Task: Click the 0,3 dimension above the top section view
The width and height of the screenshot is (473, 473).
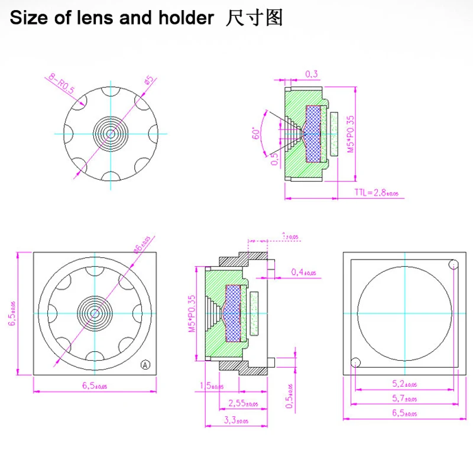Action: (x=312, y=74)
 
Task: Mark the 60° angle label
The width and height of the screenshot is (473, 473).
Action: (x=257, y=132)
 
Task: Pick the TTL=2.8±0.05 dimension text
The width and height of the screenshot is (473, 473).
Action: (x=377, y=193)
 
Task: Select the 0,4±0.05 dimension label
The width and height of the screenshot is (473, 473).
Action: (x=304, y=273)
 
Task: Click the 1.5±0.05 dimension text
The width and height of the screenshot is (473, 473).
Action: (x=212, y=387)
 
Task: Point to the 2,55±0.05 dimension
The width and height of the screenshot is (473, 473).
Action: (x=243, y=404)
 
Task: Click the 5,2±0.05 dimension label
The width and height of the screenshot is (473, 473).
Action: (x=404, y=384)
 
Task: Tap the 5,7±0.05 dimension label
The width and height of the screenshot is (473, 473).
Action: (x=404, y=399)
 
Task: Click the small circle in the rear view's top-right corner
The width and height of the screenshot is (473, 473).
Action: (x=453, y=264)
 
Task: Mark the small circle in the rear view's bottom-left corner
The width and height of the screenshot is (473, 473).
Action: (x=355, y=362)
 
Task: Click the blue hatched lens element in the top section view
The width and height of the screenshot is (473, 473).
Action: (x=313, y=133)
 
